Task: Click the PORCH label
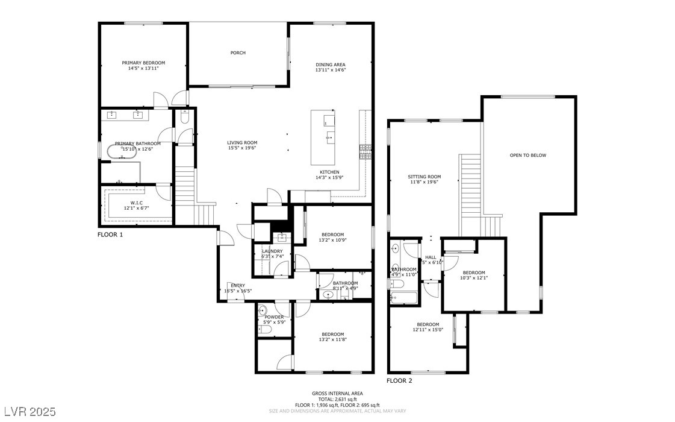(238, 53)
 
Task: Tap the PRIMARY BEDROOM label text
(143, 63)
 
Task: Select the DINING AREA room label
(331, 65)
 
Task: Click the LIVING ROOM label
(242, 142)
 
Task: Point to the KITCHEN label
(329, 172)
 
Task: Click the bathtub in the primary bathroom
(122, 152)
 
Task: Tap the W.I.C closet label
(136, 203)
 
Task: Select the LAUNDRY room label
(272, 251)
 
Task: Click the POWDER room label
(274, 317)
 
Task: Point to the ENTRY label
(237, 285)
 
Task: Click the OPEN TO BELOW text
(527, 156)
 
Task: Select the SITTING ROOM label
(425, 177)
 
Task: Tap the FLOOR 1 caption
(110, 235)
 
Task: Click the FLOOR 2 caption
(399, 380)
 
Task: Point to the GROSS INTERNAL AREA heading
(337, 393)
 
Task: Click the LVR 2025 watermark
(28, 412)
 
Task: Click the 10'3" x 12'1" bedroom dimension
(473, 278)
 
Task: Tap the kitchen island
(323, 137)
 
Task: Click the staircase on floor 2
(470, 187)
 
